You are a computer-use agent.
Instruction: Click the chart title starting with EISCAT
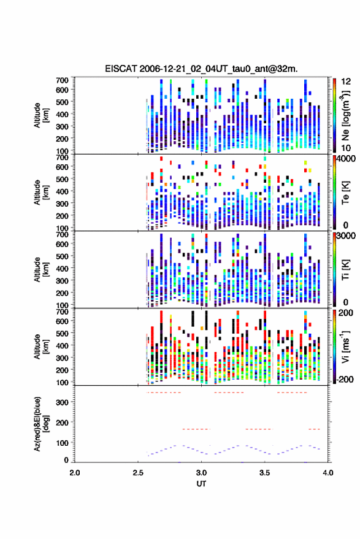click(x=201, y=69)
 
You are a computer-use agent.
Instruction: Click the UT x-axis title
click(x=201, y=484)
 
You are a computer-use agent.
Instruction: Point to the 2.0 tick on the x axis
click(x=75, y=473)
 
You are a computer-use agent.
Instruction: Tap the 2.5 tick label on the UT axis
click(x=138, y=473)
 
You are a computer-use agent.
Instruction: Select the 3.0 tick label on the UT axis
click(x=201, y=473)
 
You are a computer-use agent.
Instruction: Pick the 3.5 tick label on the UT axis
click(x=264, y=473)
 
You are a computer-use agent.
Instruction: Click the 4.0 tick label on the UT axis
click(x=328, y=473)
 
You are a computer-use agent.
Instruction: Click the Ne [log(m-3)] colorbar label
click(x=345, y=115)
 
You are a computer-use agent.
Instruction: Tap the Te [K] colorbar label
click(x=345, y=193)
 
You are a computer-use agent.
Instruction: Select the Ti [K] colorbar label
click(x=345, y=270)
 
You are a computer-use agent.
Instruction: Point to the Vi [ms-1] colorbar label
click(x=345, y=346)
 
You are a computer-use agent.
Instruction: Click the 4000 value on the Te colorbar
click(x=347, y=159)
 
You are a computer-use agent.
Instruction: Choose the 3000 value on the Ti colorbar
click(x=347, y=236)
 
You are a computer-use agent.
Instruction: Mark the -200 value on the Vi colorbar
click(x=345, y=379)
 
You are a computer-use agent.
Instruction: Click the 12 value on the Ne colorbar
click(x=347, y=82)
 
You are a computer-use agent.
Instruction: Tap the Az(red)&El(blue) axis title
click(x=42, y=424)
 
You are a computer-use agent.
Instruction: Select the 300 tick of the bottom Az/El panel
click(x=62, y=402)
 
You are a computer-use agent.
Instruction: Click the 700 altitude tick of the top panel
click(x=62, y=80)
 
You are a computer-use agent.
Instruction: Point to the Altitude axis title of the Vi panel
click(x=42, y=346)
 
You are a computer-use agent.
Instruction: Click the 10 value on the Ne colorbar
click(x=345, y=148)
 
